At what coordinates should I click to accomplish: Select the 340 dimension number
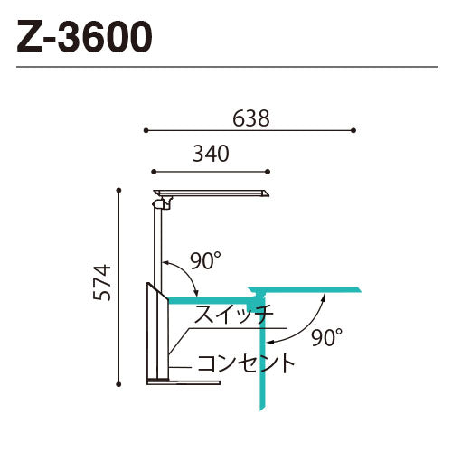(210, 155)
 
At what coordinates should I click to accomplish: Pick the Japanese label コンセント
(246, 364)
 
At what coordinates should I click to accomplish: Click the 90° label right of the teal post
(327, 338)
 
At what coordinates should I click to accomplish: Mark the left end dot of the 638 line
(145, 130)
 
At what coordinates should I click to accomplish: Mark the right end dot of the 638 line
(353, 130)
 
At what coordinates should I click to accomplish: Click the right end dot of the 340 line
(268, 170)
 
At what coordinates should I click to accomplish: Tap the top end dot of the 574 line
(119, 189)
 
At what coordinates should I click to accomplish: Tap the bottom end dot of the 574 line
(119, 383)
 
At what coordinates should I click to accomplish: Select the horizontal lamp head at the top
(212, 193)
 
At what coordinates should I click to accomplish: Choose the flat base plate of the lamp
(184, 381)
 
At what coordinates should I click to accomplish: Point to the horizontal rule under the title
(226, 66)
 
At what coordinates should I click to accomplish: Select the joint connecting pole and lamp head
(160, 204)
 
